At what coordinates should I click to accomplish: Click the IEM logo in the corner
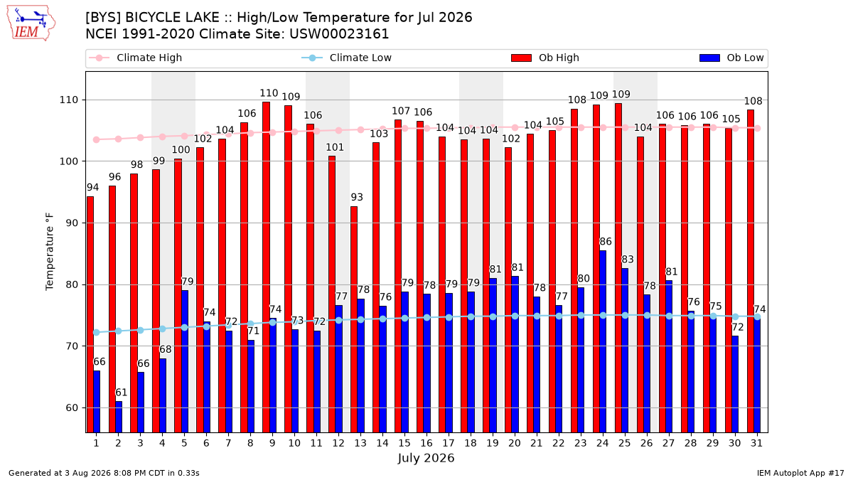(31, 23)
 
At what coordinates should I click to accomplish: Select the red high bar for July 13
(354, 319)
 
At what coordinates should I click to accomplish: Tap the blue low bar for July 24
(603, 341)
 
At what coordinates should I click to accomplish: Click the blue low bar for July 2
(119, 417)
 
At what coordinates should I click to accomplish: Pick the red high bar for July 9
(266, 267)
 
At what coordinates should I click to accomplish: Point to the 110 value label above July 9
(269, 93)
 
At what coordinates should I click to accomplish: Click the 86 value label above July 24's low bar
(606, 242)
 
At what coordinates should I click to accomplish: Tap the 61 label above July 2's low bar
(121, 393)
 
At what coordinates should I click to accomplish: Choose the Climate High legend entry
(135, 58)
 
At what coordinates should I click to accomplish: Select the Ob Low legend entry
(731, 58)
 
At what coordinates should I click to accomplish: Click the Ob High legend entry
(545, 58)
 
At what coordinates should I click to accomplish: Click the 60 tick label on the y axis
(72, 408)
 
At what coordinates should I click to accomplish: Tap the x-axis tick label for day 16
(426, 443)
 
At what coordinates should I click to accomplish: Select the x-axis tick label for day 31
(756, 443)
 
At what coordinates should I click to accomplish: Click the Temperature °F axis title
(50, 252)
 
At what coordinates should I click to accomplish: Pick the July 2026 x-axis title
(426, 458)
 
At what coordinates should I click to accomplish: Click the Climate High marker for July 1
(97, 140)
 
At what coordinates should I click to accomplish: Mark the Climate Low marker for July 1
(97, 333)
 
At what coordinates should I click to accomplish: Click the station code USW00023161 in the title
(339, 34)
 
